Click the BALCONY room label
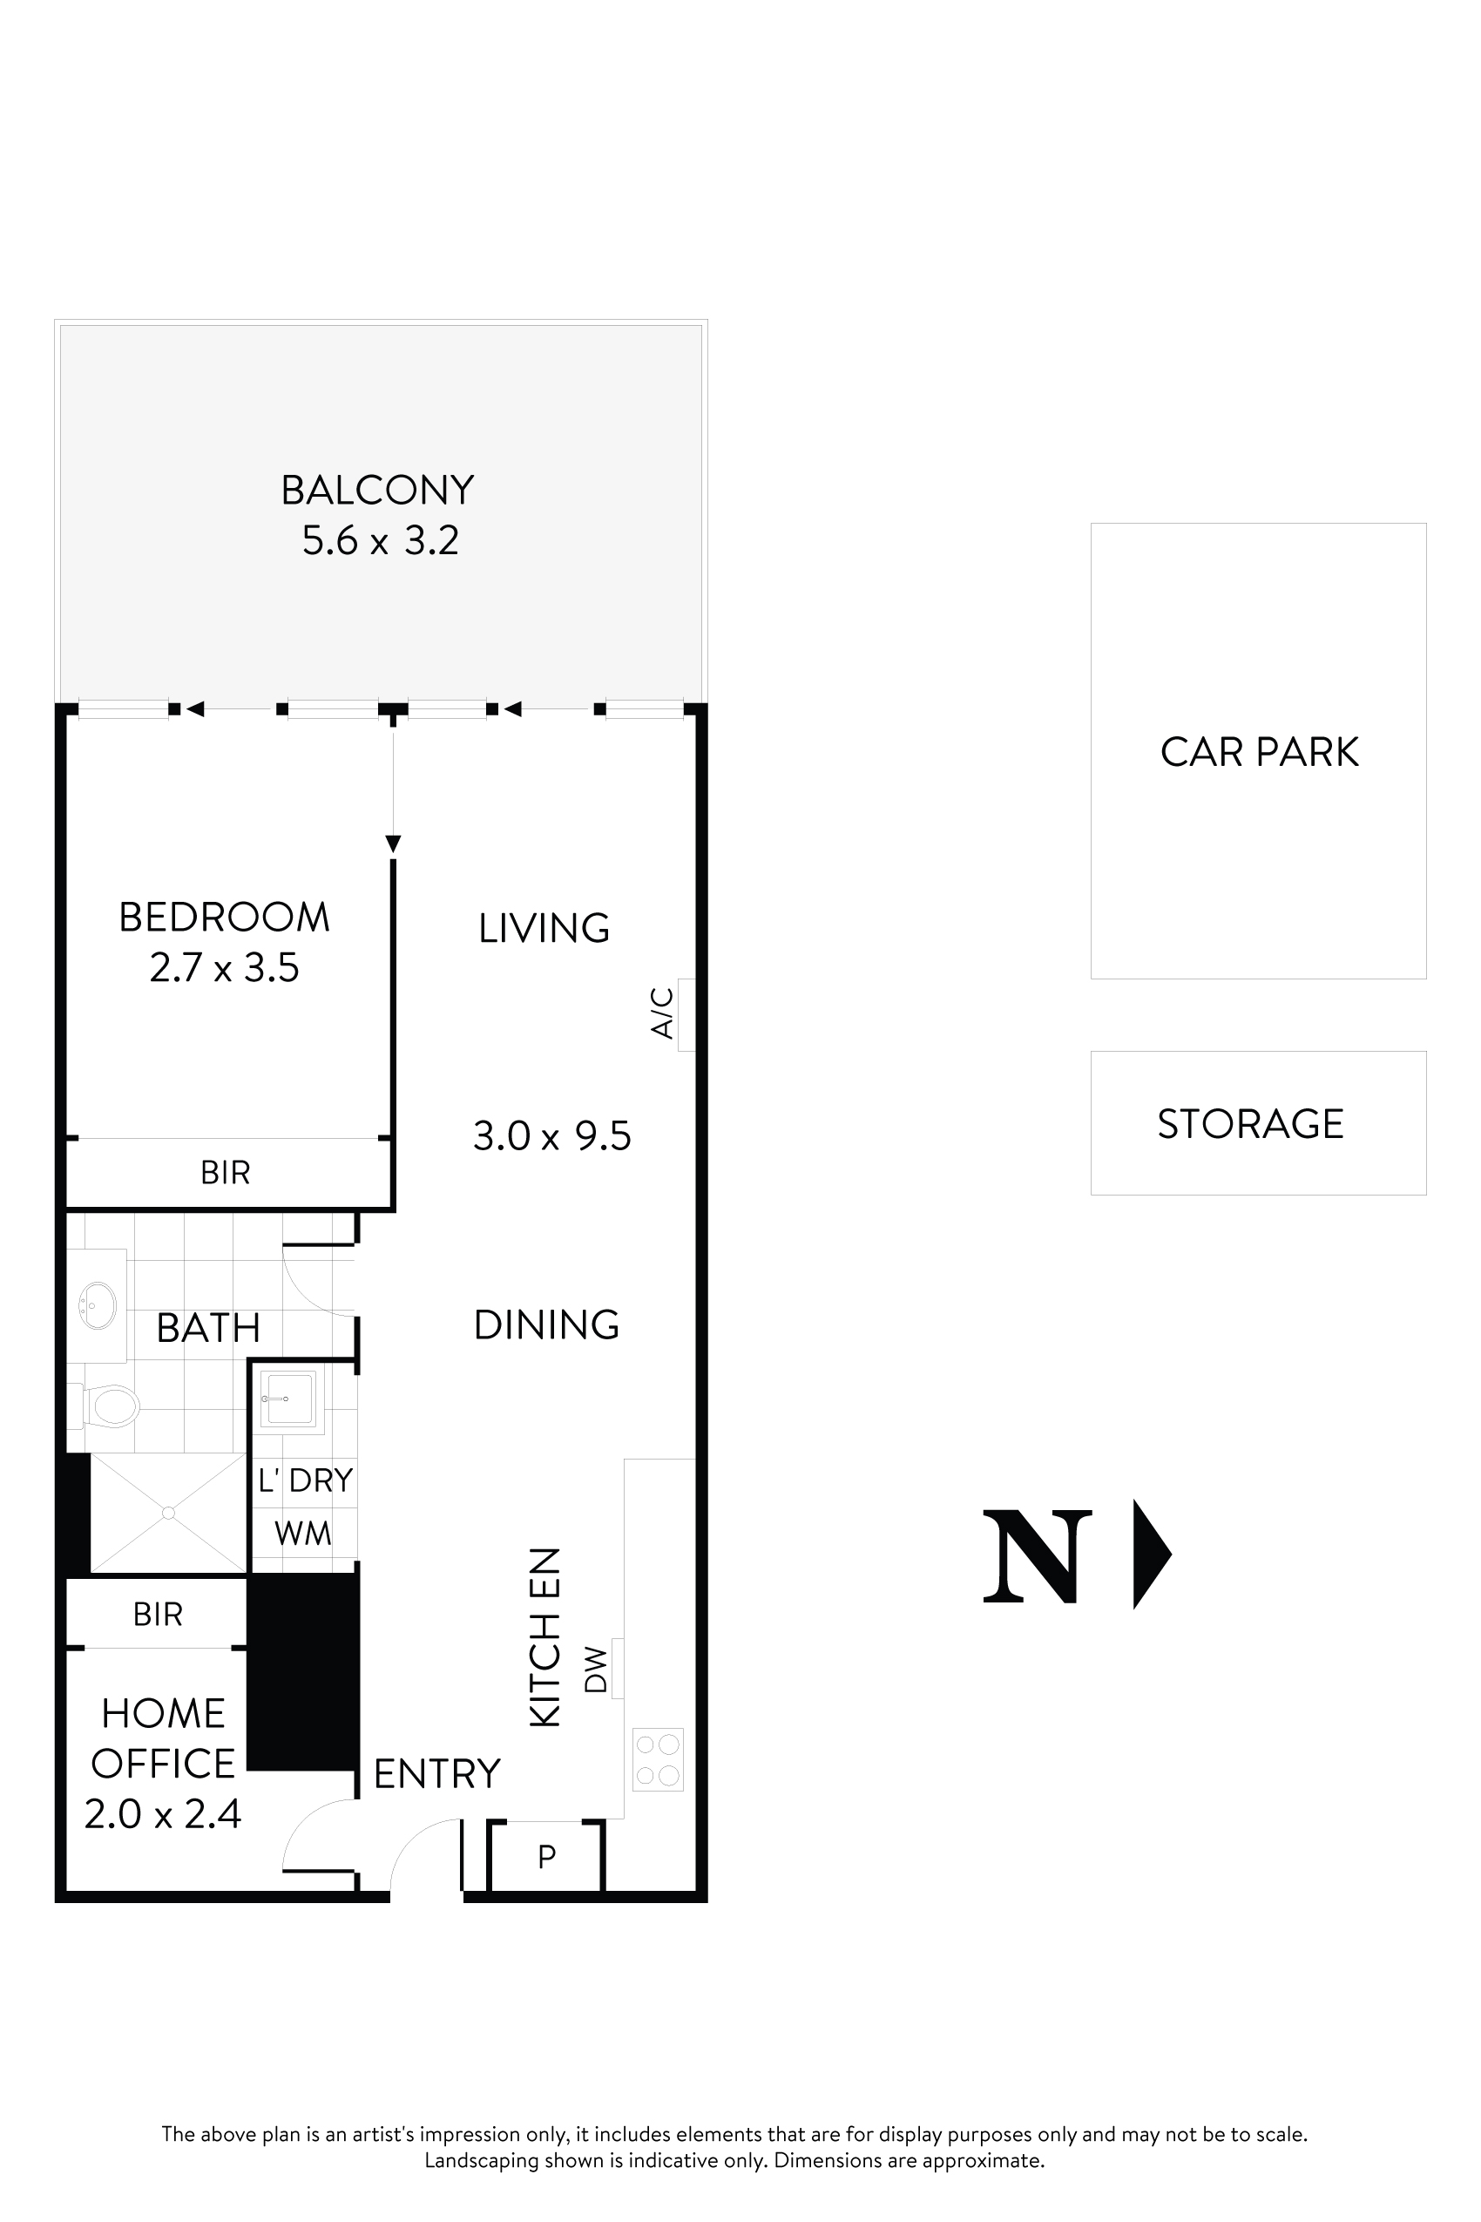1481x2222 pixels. [377, 491]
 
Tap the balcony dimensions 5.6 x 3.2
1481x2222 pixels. [380, 540]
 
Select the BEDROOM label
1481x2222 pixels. [224, 918]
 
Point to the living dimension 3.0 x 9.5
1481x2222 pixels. [551, 1135]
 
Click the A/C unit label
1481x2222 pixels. [663, 1013]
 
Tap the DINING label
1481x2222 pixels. [546, 1324]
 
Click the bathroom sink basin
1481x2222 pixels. [98, 1305]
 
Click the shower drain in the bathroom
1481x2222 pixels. [168, 1513]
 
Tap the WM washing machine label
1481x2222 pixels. [303, 1533]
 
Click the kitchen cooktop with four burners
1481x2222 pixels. [658, 1759]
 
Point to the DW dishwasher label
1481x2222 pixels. [597, 1670]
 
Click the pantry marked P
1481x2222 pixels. [546, 1856]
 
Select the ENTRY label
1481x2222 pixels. [436, 1774]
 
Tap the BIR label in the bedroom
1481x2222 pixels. [225, 1172]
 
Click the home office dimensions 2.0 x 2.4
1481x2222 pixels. [162, 1814]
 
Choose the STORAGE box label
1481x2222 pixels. [1249, 1123]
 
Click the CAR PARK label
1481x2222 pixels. [1258, 752]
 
